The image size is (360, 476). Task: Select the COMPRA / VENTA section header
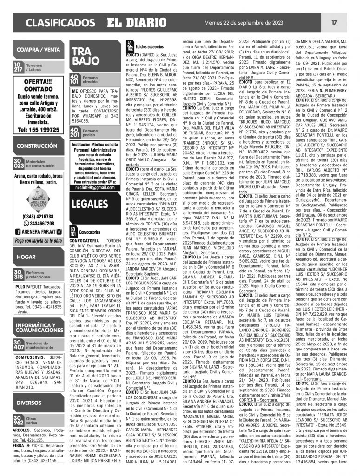[37, 50]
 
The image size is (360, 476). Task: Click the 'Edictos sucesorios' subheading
[150, 47]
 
